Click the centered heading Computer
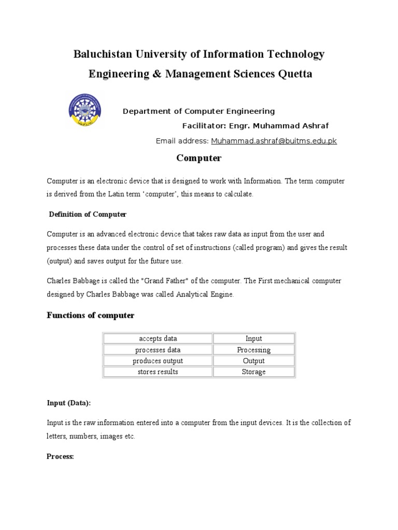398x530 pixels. pos(199,157)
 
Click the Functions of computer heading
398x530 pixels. pos(91,315)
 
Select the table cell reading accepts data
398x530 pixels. pos(158,338)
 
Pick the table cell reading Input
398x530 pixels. pos(254,338)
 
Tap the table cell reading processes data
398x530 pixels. pos(158,350)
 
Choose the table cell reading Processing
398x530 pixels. pos(254,350)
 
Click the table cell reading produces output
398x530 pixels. pos(158,361)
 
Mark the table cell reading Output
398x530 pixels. pos(254,361)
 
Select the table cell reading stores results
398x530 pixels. pos(158,372)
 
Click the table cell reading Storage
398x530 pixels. pos(254,372)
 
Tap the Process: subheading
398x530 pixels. pos(61,457)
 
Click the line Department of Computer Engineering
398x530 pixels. pos(198,111)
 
